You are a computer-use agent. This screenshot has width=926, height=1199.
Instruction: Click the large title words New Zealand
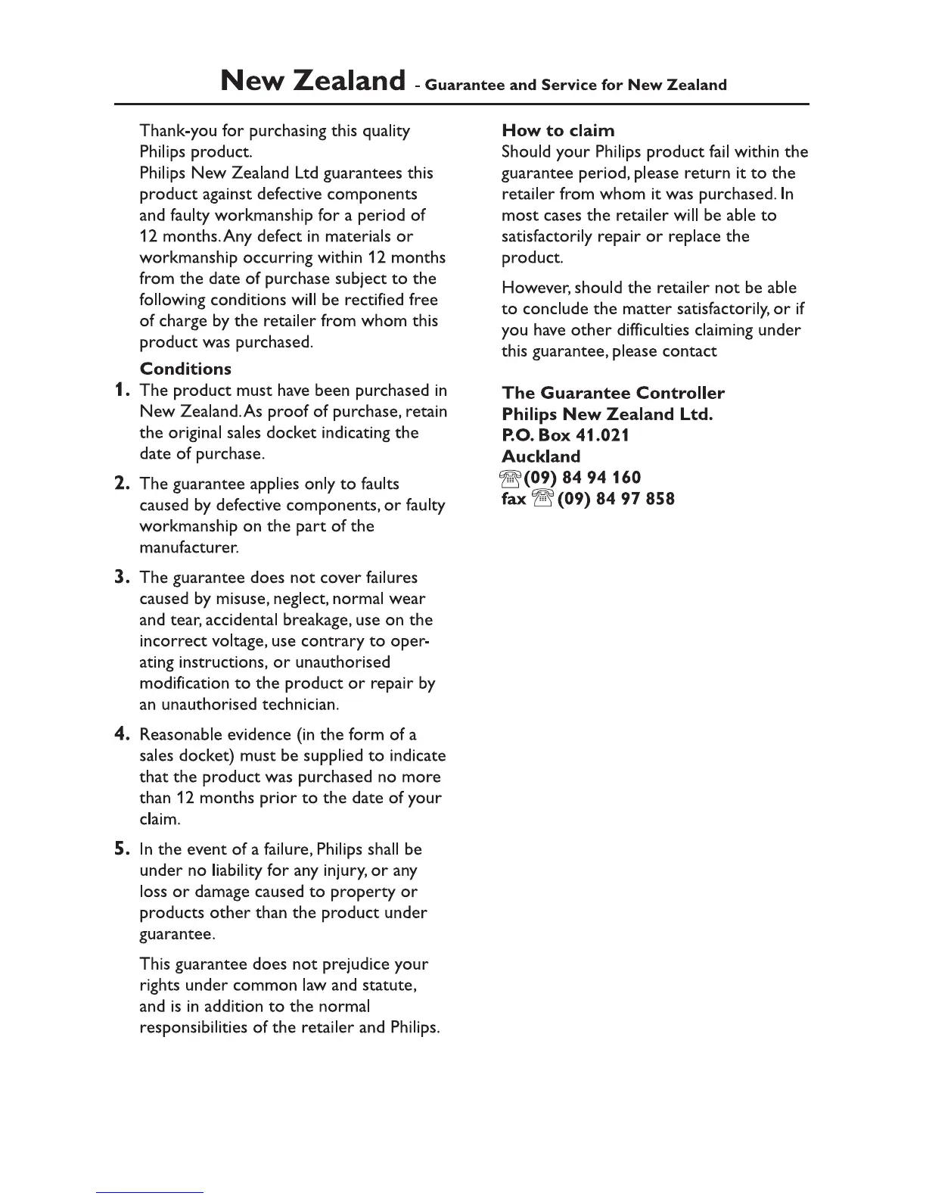click(312, 80)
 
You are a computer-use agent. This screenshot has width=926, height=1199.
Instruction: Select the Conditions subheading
click(185, 369)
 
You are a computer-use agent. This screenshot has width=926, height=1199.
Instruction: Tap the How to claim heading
click(558, 131)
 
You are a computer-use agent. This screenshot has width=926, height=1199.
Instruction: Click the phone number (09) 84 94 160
click(582, 478)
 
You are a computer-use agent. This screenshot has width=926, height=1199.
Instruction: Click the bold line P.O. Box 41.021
click(565, 435)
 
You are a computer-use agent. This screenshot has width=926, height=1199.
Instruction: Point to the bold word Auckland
click(541, 456)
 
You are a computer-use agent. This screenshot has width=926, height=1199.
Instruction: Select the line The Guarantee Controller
click(613, 393)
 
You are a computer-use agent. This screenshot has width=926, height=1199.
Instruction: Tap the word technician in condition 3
click(300, 705)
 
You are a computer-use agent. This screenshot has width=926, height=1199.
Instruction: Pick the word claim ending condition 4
click(158, 820)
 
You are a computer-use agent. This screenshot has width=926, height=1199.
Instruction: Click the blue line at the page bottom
click(150, 1192)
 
